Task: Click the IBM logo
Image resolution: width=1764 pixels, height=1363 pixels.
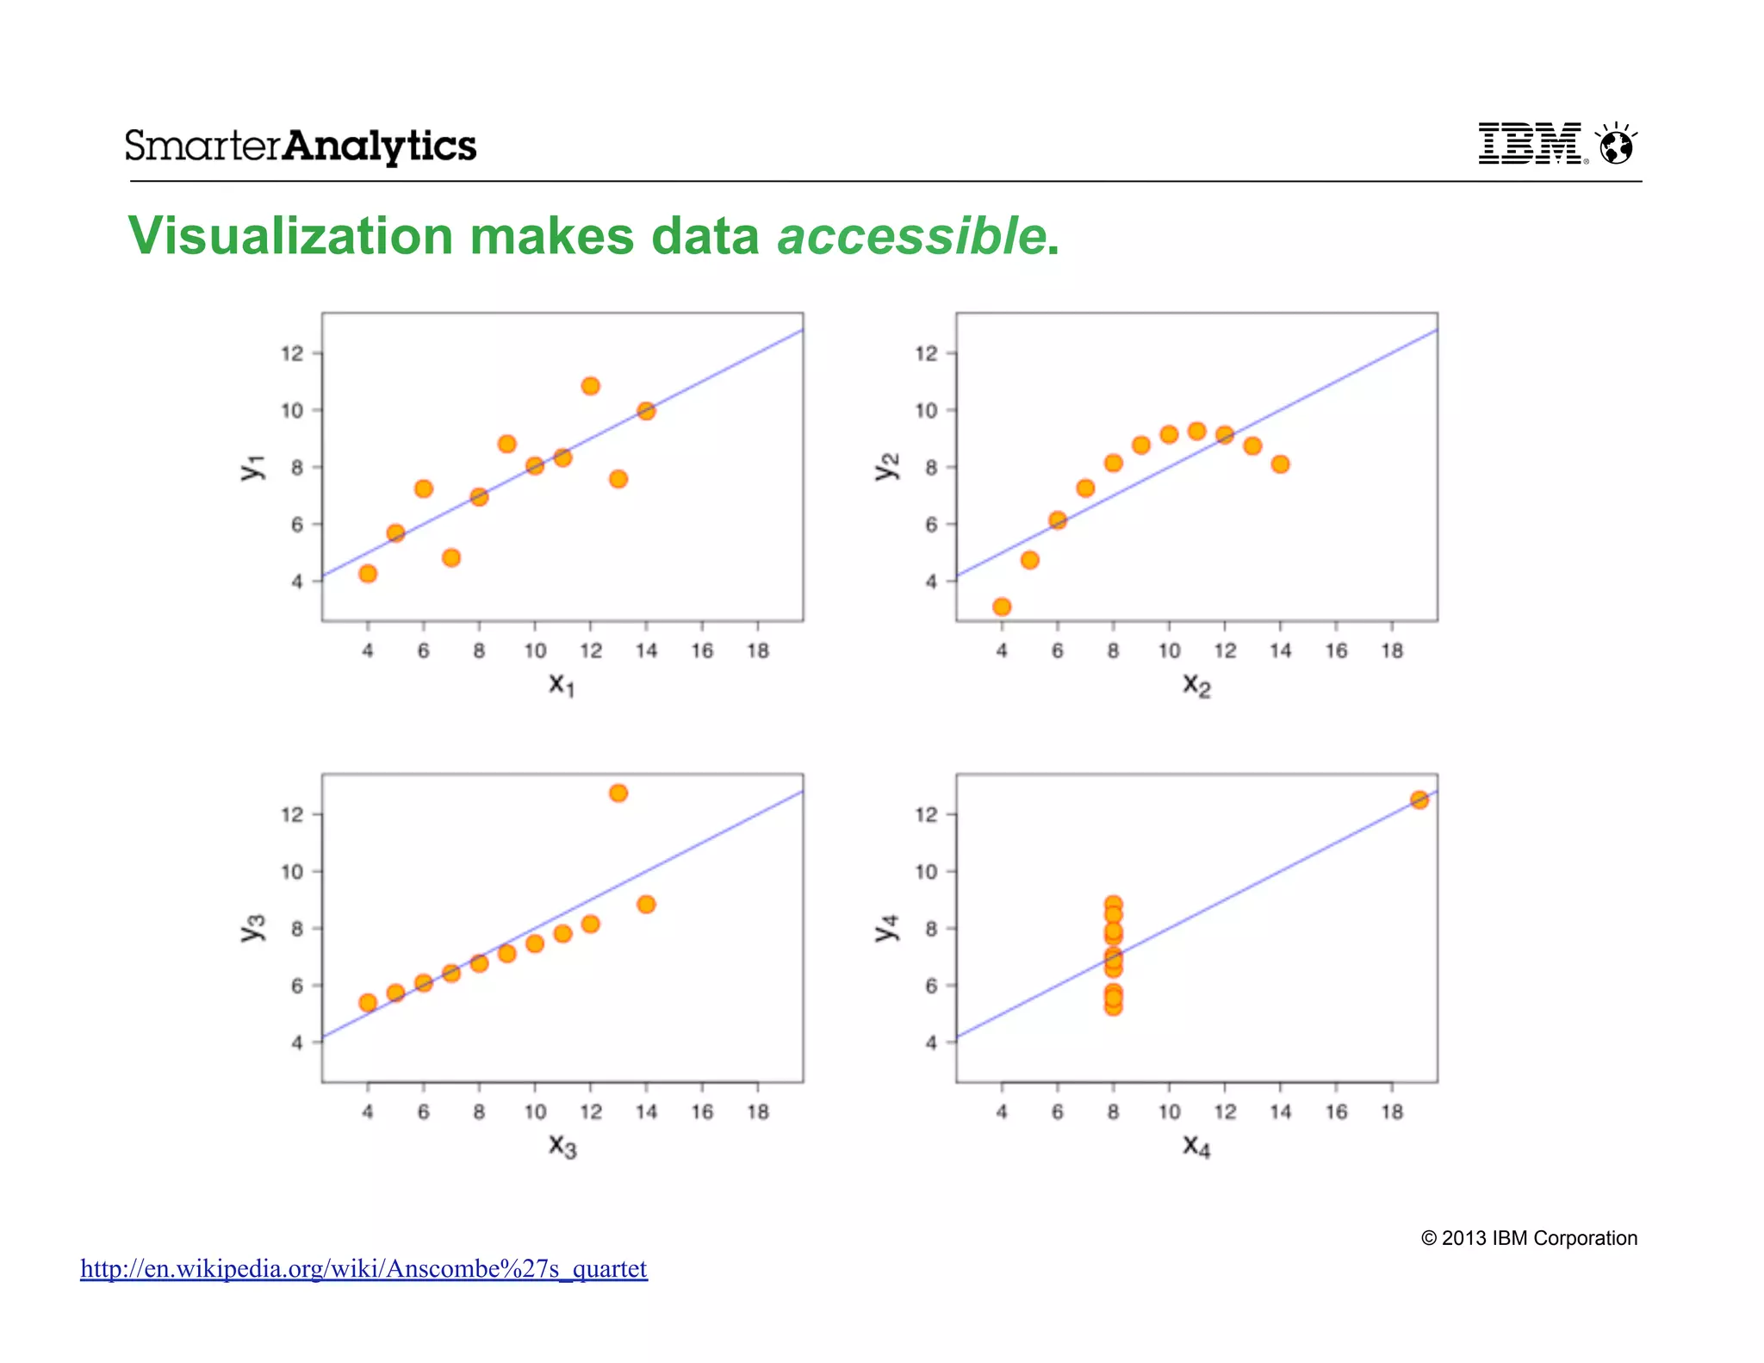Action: point(1530,144)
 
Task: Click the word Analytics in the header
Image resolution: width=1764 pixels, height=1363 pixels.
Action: point(380,146)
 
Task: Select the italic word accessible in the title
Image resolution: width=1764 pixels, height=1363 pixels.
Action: point(911,236)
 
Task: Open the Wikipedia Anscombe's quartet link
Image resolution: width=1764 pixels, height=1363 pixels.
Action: point(363,1269)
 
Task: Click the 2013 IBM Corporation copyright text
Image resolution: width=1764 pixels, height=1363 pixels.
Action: point(1529,1238)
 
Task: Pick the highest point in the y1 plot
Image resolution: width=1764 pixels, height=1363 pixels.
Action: point(590,386)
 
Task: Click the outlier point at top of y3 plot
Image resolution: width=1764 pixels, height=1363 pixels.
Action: point(618,793)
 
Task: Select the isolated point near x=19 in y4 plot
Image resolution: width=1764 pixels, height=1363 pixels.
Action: point(1419,800)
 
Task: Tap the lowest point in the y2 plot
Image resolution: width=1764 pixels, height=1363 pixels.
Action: point(1002,607)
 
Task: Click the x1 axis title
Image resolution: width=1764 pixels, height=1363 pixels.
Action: point(562,685)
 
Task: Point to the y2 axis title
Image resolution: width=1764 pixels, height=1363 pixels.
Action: point(887,466)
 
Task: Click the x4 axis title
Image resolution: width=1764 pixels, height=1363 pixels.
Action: point(1196,1146)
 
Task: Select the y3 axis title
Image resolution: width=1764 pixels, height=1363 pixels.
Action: point(252,928)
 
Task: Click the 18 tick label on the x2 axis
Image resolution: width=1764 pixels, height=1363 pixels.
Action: point(1392,651)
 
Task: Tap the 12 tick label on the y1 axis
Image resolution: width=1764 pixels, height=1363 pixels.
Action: point(292,353)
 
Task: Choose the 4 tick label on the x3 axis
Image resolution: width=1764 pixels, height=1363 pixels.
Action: point(368,1112)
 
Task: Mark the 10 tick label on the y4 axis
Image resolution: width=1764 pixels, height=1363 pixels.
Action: point(926,872)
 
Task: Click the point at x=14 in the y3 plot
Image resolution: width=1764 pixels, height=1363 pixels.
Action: point(646,904)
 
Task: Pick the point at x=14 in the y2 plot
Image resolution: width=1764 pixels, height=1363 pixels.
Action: point(1280,464)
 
